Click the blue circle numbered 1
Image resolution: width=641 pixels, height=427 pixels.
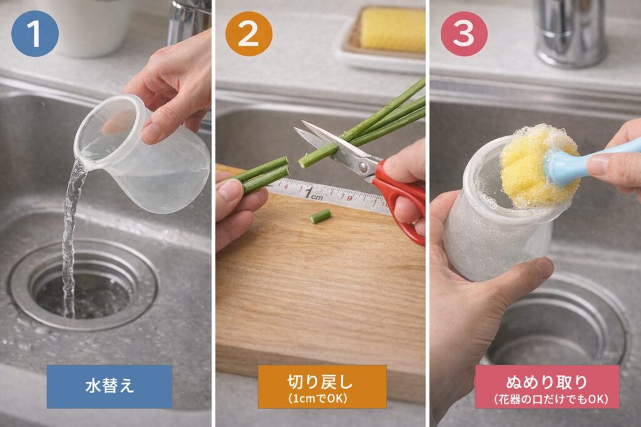34,33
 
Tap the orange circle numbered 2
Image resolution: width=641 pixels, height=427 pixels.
249,33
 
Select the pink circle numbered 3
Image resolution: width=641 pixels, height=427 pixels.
463,33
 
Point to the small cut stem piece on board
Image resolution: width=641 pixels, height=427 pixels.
320,216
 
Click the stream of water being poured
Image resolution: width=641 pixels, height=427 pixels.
71,225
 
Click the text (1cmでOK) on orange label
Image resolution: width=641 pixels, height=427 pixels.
322,398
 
